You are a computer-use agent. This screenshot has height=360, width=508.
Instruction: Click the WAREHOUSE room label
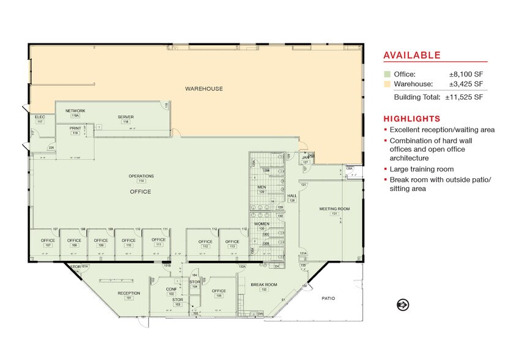tap(204, 89)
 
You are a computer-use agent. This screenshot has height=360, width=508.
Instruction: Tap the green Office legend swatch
tap(387, 74)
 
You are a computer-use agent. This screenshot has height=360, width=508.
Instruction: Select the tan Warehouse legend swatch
tap(387, 84)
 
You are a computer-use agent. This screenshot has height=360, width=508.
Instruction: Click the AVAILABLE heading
tap(411, 56)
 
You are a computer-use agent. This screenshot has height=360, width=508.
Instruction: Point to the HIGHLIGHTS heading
tap(411, 118)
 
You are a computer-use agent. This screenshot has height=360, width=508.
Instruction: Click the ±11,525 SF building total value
tap(464, 97)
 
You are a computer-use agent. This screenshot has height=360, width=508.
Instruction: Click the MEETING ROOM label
tap(334, 209)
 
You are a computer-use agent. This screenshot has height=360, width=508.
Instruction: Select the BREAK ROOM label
tap(264, 284)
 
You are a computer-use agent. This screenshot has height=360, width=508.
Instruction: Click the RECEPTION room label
tap(129, 293)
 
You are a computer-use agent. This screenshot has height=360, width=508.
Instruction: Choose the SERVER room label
tap(125, 117)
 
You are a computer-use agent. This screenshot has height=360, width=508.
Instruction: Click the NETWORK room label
tap(75, 111)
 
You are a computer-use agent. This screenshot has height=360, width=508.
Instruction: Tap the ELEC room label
tap(40, 116)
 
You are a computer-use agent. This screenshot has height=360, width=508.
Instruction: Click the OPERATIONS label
tap(141, 176)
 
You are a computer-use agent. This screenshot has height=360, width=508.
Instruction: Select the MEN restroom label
tap(261, 187)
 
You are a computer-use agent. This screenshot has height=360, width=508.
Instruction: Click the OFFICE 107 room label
tap(48, 241)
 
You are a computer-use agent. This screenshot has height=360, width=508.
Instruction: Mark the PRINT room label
tap(75, 129)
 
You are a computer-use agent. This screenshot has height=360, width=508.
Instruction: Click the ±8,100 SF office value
tap(468, 74)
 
